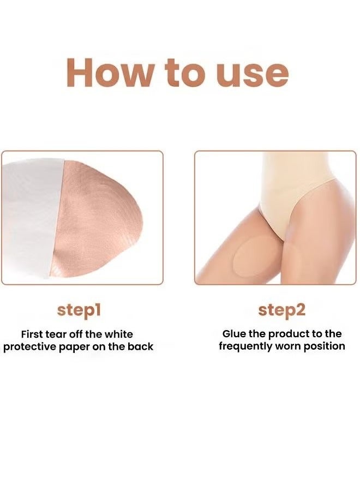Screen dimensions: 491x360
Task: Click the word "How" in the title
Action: pyautogui.click(x=110, y=73)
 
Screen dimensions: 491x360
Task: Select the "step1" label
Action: pyautogui.click(x=79, y=310)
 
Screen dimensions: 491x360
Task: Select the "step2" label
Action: pyautogui.click(x=282, y=310)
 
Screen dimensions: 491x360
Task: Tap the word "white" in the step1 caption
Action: pyautogui.click(x=118, y=334)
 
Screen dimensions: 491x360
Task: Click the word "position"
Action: pyautogui.click(x=326, y=346)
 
